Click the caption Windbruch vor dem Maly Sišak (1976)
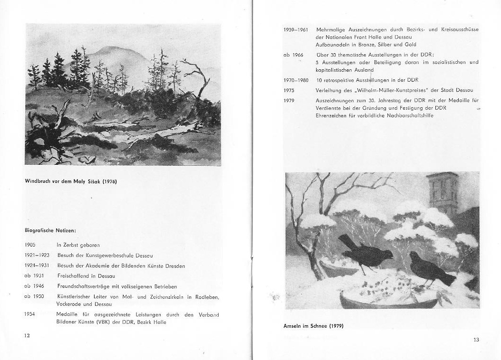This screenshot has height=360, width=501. pyautogui.click(x=71, y=181)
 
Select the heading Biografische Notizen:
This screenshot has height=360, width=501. pyautogui.click(x=50, y=230)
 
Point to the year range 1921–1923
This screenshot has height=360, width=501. pyautogui.click(x=37, y=255)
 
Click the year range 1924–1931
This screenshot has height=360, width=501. pyautogui.click(x=37, y=265)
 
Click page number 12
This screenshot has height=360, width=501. pyautogui.click(x=28, y=335)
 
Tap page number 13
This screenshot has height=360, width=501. pyautogui.click(x=476, y=339)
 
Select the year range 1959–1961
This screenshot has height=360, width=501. pyautogui.click(x=296, y=29)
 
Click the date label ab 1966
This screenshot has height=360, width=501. pyautogui.click(x=293, y=55)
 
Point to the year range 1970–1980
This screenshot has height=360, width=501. pyautogui.click(x=296, y=80)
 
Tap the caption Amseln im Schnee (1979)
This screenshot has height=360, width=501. pyautogui.click(x=313, y=326)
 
